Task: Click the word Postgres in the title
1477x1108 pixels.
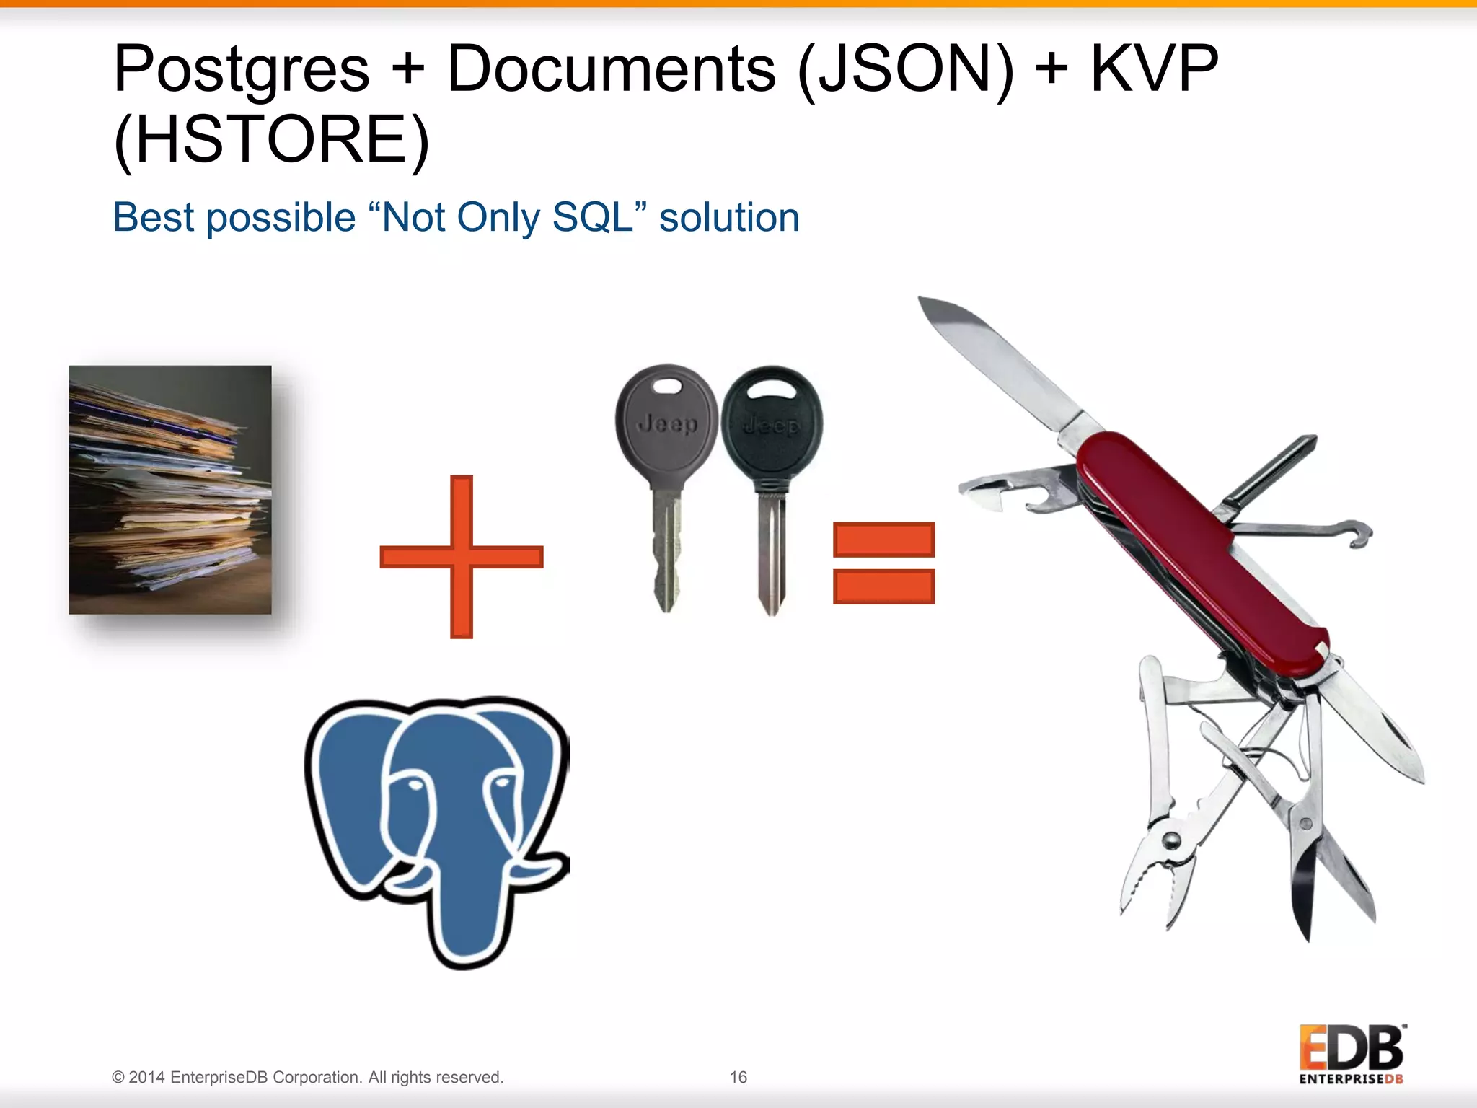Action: [241, 71]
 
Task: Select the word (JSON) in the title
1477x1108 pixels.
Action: [905, 69]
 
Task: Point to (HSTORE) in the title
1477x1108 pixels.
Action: [271, 140]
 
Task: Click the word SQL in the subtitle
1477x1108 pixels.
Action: [592, 217]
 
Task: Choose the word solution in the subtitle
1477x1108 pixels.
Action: [729, 217]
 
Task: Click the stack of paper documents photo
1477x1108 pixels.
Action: [170, 490]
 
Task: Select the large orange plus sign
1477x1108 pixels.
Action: [461, 557]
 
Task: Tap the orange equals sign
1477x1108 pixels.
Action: [883, 563]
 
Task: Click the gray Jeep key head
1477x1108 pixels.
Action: [667, 422]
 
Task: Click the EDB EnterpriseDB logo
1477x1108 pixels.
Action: [1351, 1054]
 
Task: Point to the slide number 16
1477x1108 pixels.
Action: [738, 1077]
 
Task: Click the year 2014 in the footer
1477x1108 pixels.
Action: [147, 1077]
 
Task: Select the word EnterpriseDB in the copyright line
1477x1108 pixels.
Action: [219, 1077]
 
